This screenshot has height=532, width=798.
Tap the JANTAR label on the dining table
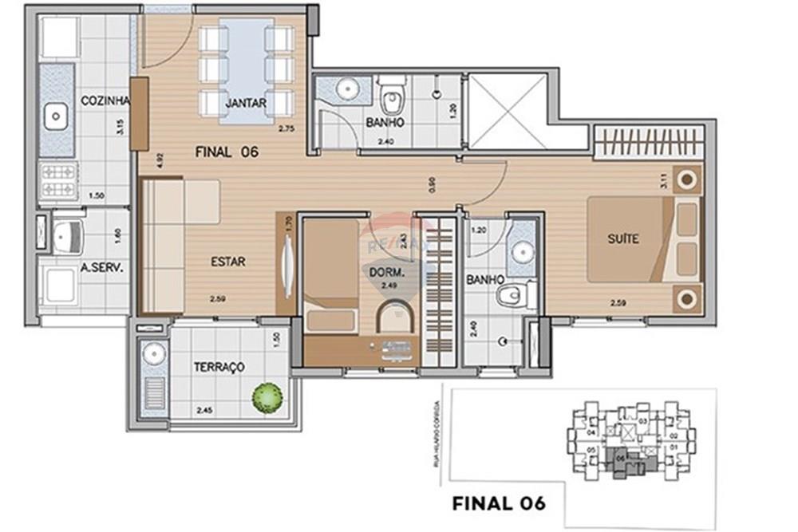246,103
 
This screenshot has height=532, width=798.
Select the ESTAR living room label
228,261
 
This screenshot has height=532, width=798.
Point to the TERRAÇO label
219,367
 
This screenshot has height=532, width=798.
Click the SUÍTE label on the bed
623,238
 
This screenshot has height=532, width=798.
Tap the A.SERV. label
102,269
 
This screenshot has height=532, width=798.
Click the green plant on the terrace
267,397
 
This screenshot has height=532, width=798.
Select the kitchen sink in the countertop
56,117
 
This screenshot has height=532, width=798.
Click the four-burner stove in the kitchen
57,180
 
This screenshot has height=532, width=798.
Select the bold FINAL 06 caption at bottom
499,503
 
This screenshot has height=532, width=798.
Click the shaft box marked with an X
508,112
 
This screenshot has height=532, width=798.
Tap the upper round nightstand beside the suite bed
685,180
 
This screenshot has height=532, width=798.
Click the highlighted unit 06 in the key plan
621,459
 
